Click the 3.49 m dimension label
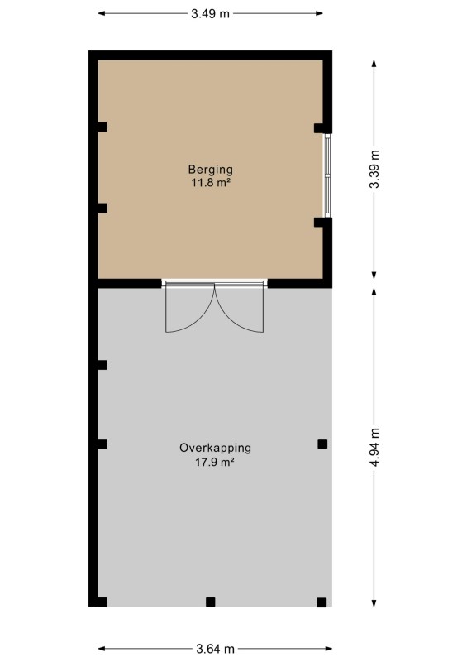210,13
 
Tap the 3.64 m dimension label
215,649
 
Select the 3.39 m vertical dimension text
374,169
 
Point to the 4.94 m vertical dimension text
374,447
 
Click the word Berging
211,170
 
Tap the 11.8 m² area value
211,183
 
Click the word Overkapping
215,449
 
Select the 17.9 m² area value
215,462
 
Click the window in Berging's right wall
327,175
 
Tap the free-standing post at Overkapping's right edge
322,444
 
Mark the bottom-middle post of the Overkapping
211,602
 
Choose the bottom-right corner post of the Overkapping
322,602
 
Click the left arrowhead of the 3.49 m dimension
102,13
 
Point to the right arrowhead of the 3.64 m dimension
328,649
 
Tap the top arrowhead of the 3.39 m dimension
374,64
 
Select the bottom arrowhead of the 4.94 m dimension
374,602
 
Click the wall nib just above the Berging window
322,128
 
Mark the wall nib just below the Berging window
322,223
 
